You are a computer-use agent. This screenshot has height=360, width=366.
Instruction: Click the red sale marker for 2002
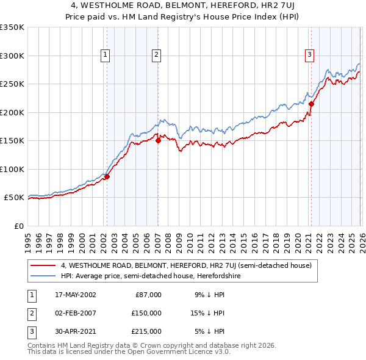tap(107, 177)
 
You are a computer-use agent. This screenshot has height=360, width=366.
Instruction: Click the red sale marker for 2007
tap(157, 140)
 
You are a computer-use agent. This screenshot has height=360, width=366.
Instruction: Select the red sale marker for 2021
tap(310, 104)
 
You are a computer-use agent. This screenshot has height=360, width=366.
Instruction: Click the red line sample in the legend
tap(44, 265)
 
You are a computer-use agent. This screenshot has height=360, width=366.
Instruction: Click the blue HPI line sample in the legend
tap(44, 276)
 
